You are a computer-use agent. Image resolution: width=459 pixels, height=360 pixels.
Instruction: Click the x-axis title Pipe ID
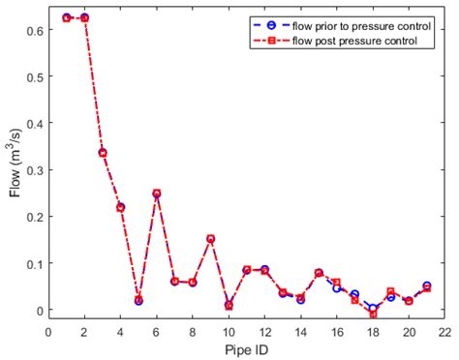[x=246, y=349]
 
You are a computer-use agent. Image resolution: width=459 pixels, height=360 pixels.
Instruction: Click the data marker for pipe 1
[x=67, y=17]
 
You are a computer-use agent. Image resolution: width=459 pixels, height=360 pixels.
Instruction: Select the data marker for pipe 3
[x=103, y=153]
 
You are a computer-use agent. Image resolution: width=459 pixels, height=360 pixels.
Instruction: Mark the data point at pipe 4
[x=121, y=207]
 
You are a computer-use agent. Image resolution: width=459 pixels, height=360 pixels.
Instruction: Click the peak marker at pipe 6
[x=157, y=194]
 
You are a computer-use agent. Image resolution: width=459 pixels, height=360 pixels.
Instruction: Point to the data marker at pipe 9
[x=210, y=239]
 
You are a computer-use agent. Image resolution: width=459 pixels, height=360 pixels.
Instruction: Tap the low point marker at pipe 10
[x=229, y=306]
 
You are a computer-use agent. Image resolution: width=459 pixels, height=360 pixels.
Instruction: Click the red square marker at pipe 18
[x=373, y=315]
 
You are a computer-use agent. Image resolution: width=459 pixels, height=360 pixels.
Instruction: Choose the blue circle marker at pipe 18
[x=373, y=308]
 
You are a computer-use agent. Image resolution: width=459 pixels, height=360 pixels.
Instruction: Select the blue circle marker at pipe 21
[x=426, y=286]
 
